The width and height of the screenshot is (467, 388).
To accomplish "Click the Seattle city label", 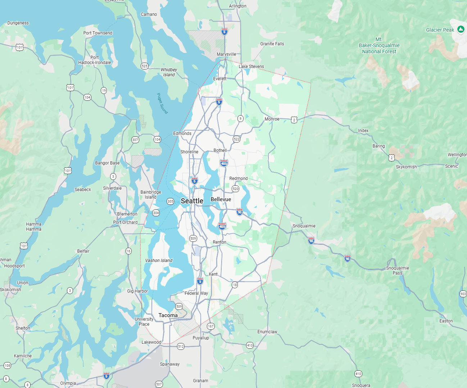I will coord(192,201).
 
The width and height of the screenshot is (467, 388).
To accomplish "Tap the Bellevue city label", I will coord(221,199).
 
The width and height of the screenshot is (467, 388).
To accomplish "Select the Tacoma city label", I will coord(168,315).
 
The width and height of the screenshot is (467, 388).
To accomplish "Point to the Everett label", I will coord(220,79).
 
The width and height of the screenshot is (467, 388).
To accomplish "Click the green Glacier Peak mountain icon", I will coord(461,30).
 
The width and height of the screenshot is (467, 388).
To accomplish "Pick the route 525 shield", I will coord(145,66).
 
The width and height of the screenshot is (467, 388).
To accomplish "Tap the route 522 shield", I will coord(236,139).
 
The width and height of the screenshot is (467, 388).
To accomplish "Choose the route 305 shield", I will coord(171,202).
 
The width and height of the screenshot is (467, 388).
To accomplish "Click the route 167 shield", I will coord(210,326).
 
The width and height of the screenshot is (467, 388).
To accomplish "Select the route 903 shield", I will coord(463,294).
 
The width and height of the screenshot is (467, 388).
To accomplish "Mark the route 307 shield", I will coord(135,140).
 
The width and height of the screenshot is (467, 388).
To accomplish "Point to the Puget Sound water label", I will coord(162,103).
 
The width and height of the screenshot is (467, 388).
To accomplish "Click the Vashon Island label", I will coord(159,261).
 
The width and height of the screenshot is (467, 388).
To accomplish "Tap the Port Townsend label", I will coord(98,33).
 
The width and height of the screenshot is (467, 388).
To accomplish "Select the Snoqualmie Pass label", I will coord(397,270).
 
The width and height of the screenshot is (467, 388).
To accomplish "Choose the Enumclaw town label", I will coord(267,332).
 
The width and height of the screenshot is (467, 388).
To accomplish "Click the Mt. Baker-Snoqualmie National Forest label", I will coord(379,45).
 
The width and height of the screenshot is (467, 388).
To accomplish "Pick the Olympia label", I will coord(68,383).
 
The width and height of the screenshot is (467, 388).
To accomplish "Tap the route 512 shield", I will coord(181,346).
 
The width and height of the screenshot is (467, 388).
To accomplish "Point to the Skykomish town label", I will coord(406,167).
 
